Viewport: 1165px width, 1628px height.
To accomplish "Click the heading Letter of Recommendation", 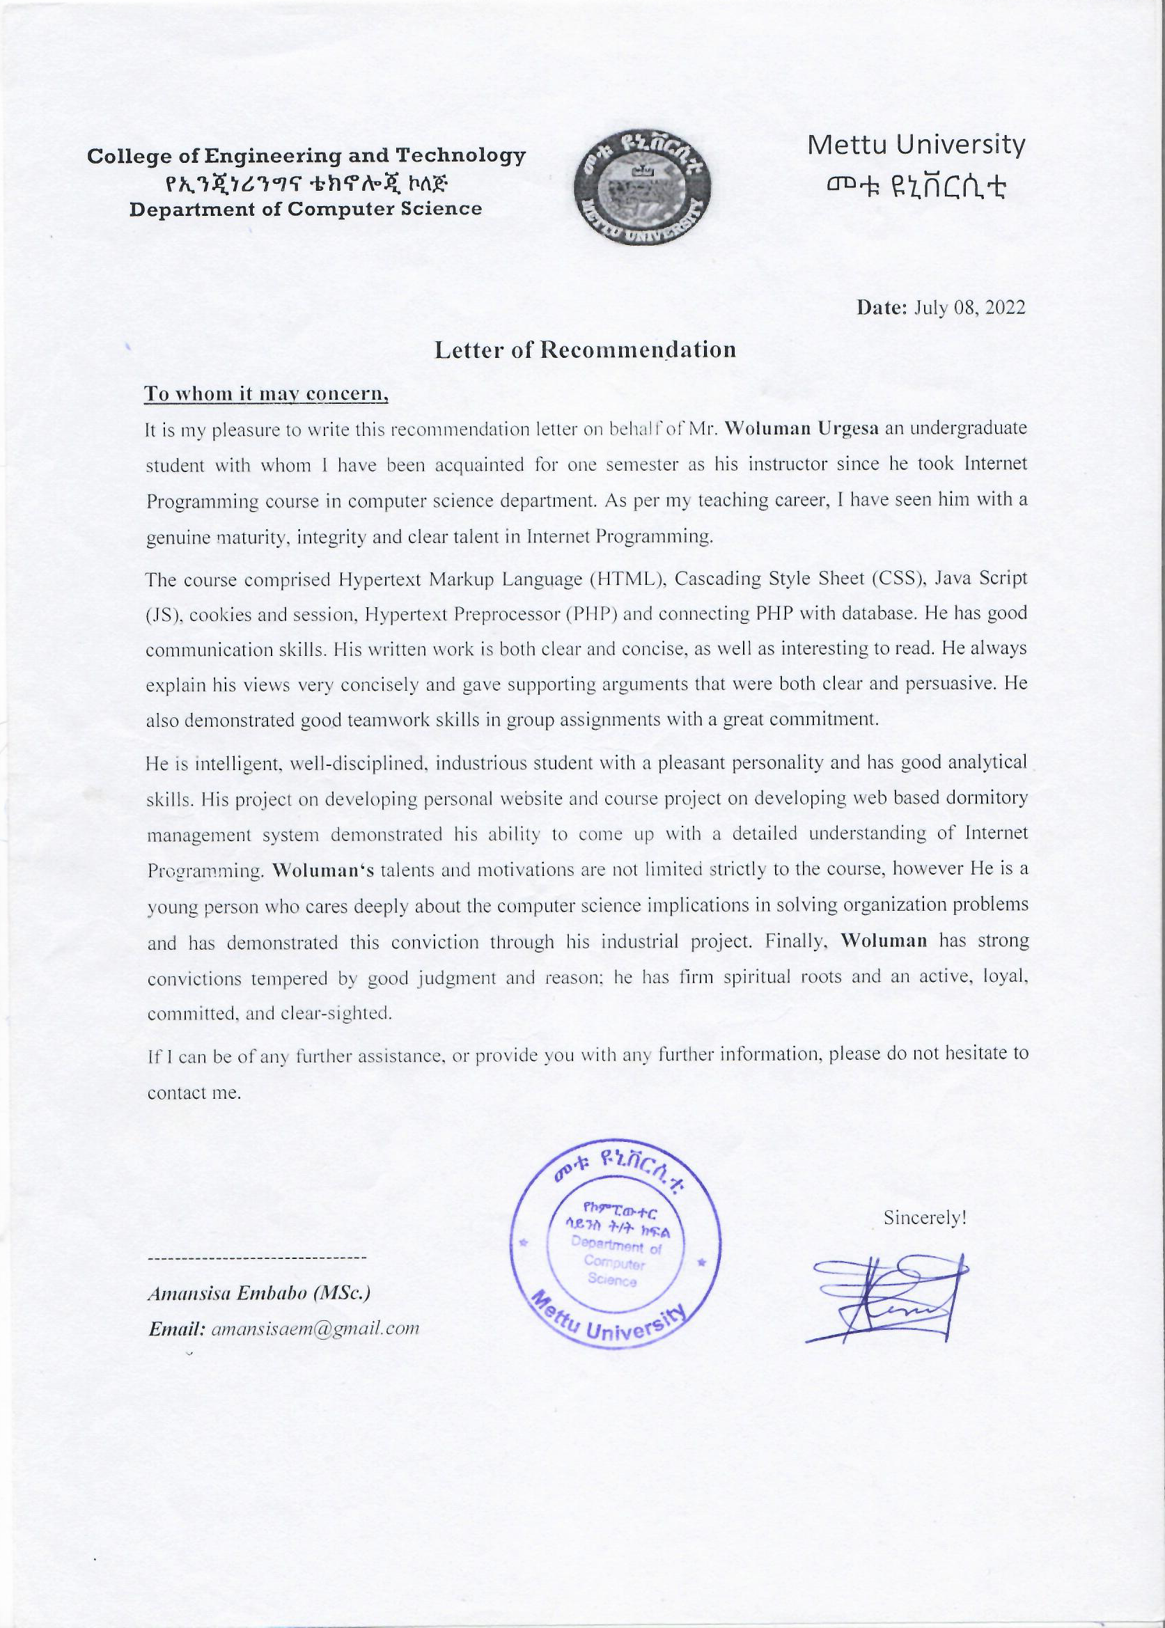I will (585, 350).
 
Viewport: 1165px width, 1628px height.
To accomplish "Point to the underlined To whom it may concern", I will (266, 393).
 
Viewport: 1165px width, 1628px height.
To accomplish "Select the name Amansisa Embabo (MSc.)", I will (259, 1293).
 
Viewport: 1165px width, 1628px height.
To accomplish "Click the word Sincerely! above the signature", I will (925, 1218).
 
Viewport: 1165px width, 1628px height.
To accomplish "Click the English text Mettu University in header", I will (916, 146).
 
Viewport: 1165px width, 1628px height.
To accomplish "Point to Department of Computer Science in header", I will (306, 210).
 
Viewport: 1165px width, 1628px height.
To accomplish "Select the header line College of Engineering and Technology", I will (306, 156).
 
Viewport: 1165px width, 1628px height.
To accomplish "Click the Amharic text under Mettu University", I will (916, 187).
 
